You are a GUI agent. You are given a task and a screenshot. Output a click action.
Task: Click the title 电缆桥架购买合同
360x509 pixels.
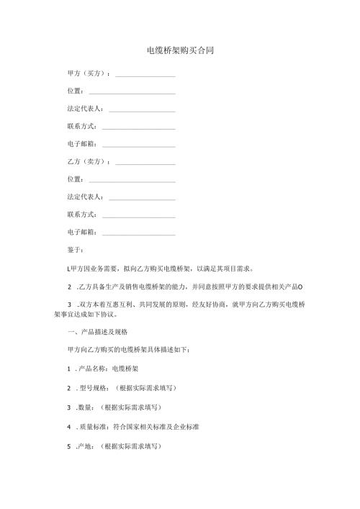tap(179, 51)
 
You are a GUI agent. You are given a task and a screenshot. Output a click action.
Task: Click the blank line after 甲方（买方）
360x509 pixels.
tap(145, 75)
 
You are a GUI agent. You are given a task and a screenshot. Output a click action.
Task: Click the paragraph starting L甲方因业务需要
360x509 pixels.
tap(158, 267)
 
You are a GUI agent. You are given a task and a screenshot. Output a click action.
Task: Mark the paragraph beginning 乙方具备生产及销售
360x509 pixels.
tap(187, 287)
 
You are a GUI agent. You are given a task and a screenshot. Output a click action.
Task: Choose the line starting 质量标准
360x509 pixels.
tap(137, 426)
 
